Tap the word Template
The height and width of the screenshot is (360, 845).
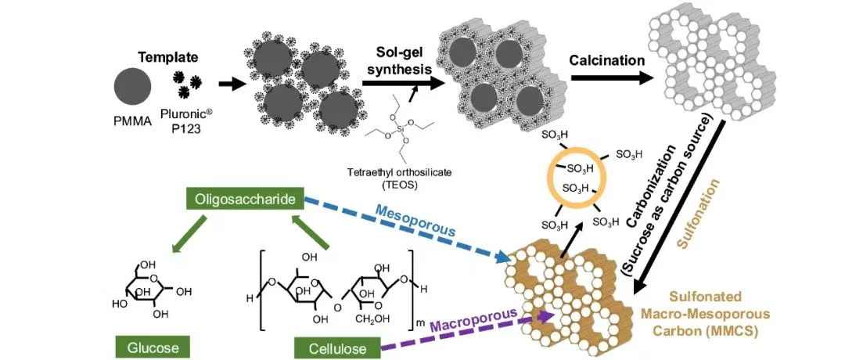click(x=164, y=57)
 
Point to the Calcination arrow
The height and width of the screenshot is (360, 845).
click(x=611, y=77)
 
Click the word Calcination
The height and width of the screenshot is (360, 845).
click(x=607, y=60)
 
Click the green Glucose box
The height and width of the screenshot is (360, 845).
click(x=153, y=347)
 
